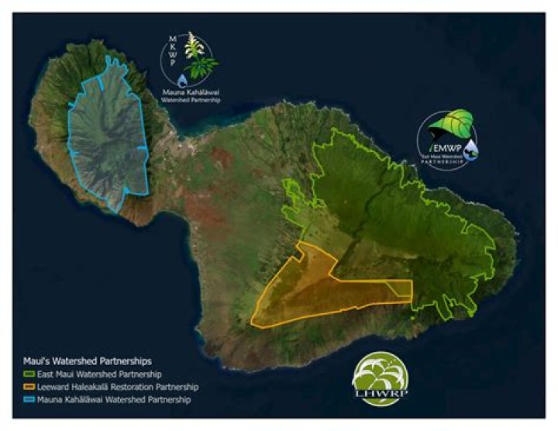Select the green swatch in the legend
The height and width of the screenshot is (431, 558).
[28, 374]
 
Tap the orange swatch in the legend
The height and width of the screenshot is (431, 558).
[28, 387]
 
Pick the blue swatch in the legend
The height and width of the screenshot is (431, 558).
[28, 399]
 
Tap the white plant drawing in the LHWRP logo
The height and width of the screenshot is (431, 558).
[381, 376]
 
